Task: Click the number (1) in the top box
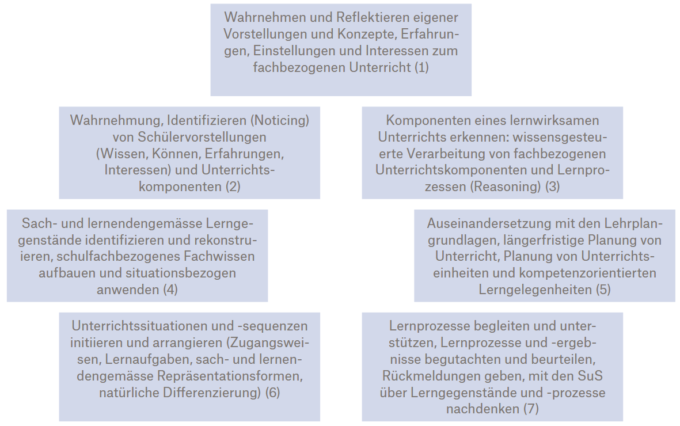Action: [x=421, y=67]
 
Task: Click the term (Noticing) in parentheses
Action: [x=280, y=120]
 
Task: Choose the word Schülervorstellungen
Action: [x=202, y=137]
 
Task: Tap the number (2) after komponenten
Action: [x=233, y=187]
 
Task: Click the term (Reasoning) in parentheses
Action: [x=506, y=187]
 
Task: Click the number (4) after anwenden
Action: [x=170, y=290]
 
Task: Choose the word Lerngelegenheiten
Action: [x=535, y=290]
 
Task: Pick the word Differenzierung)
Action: [x=212, y=393]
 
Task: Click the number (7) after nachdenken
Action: [x=531, y=409]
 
